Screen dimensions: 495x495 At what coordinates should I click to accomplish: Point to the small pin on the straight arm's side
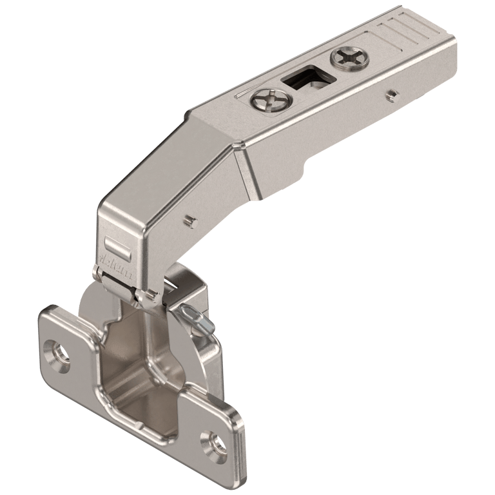pyautogui.click(x=390, y=95)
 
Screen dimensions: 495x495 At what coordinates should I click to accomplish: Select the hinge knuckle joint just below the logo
pyautogui.click(x=122, y=284)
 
